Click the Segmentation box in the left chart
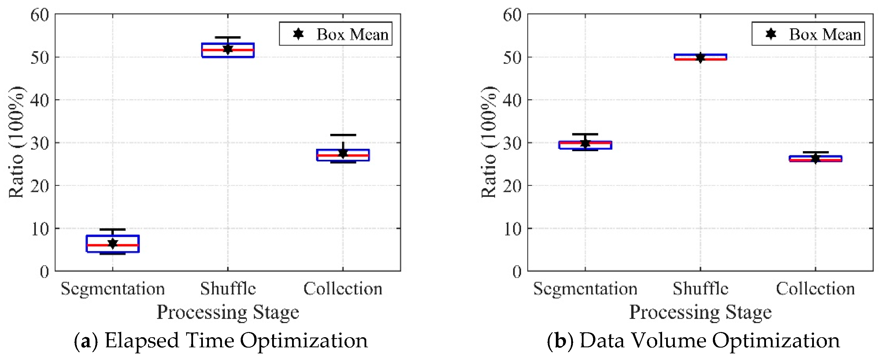(113, 244)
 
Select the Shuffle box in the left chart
(228, 50)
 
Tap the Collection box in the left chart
(343, 155)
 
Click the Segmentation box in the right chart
(585, 145)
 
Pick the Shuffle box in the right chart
(700, 57)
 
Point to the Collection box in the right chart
(815, 158)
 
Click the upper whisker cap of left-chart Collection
(343, 135)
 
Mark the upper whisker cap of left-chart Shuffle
(228, 37)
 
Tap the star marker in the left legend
(298, 34)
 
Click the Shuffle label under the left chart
(228, 288)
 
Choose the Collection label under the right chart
(815, 288)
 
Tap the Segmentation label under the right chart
(585, 288)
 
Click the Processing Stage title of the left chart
(228, 312)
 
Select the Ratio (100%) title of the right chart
(489, 142)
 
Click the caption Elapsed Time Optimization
(236, 340)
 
